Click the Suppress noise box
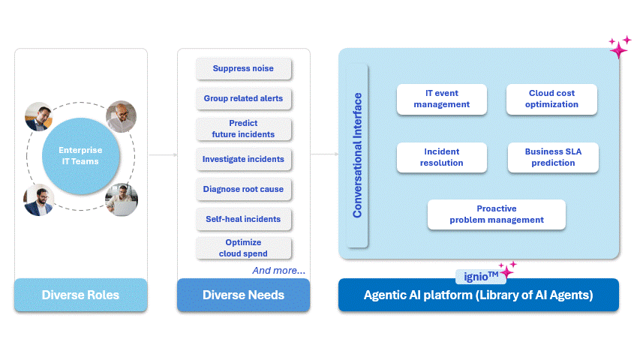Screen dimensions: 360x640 click(x=243, y=69)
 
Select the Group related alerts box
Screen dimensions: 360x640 click(x=243, y=99)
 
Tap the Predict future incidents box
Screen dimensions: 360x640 click(x=243, y=129)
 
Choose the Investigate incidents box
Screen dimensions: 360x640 click(x=243, y=159)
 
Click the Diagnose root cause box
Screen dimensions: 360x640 click(x=243, y=189)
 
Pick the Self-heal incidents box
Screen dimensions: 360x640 click(x=243, y=219)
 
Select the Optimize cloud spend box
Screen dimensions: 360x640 click(x=243, y=248)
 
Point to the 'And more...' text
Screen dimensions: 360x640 click(x=278, y=270)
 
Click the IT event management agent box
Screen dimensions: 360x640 click(x=441, y=99)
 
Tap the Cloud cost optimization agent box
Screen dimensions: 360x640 click(x=551, y=99)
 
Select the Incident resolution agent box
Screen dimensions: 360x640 click(x=441, y=157)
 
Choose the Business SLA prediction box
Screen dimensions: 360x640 click(x=553, y=157)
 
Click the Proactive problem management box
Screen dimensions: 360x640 click(x=496, y=214)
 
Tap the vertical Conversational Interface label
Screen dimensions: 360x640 click(x=358, y=155)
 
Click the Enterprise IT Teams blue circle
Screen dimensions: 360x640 click(x=80, y=155)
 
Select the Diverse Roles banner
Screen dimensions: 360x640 click(x=80, y=295)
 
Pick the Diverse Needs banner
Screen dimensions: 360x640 click(x=243, y=295)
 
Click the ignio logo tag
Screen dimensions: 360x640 click(x=479, y=276)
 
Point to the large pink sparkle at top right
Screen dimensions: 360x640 click(x=619, y=49)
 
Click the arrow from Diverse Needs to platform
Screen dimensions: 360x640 click(x=324, y=155)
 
